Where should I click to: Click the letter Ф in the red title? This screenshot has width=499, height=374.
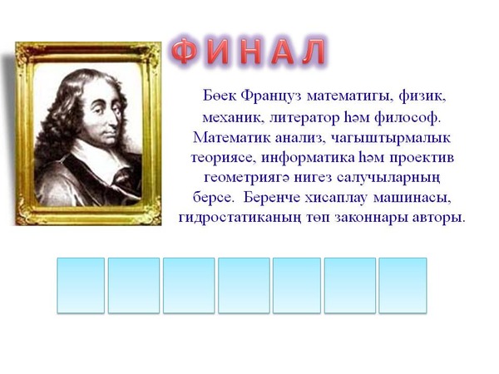(x=185, y=51)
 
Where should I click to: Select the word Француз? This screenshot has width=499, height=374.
(x=271, y=96)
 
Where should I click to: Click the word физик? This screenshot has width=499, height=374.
(x=422, y=96)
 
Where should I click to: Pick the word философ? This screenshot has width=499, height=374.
(x=408, y=118)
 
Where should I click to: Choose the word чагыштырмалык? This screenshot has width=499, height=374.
(x=391, y=138)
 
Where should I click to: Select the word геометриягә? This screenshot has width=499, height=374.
(x=246, y=178)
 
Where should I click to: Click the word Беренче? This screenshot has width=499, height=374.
(x=272, y=198)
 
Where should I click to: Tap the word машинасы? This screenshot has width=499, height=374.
(x=413, y=198)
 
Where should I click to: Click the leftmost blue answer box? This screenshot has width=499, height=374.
(x=81, y=285)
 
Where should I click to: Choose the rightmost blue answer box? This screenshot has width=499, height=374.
(x=403, y=285)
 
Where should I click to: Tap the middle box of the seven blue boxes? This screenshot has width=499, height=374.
(x=244, y=285)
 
